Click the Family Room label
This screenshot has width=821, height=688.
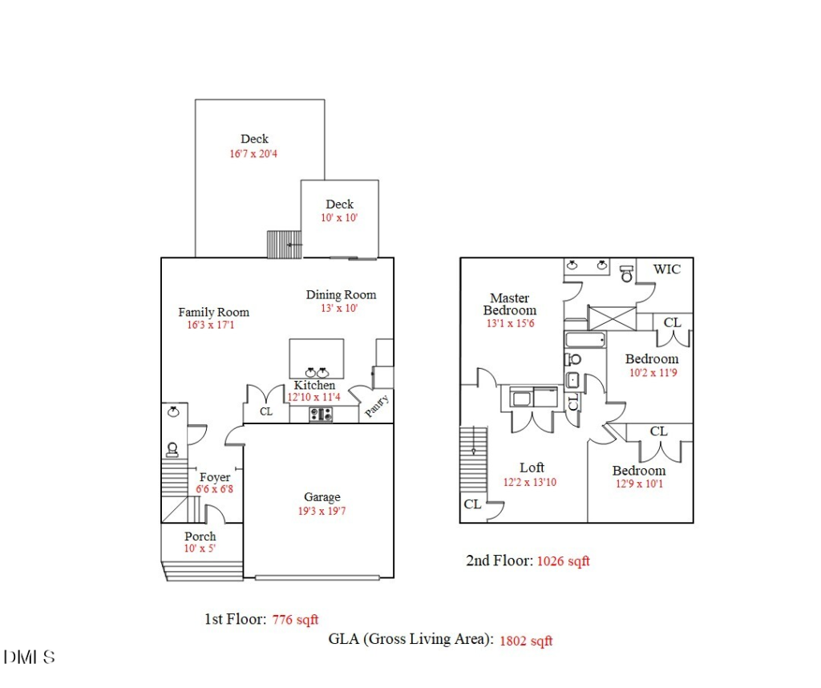[x=213, y=312]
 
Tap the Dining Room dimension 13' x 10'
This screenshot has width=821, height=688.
[x=339, y=309]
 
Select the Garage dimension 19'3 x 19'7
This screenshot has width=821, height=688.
[x=322, y=511]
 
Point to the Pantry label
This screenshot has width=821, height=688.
[x=377, y=407]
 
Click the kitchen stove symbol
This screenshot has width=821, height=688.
[x=321, y=415]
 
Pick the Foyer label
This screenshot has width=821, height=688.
[x=215, y=477]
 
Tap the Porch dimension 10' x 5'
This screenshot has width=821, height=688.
[x=200, y=548]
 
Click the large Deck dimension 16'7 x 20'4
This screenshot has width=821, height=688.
[x=253, y=154]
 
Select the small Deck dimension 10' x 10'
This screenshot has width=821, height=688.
[x=339, y=218]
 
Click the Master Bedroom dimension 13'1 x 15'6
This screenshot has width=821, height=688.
[x=511, y=324]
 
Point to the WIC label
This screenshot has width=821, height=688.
[x=667, y=269]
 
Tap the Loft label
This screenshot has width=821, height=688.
[x=532, y=467]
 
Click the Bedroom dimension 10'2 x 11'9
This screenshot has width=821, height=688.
[x=653, y=373]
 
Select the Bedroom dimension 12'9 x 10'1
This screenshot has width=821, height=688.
[x=639, y=484]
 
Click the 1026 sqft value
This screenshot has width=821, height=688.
[x=564, y=561]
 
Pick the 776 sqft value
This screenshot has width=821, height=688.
[x=295, y=620]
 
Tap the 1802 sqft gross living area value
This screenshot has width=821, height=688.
[x=526, y=641]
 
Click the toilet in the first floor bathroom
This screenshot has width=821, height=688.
[x=172, y=449]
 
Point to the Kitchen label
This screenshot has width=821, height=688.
[x=314, y=385]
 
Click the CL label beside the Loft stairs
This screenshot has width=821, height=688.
[x=472, y=504]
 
